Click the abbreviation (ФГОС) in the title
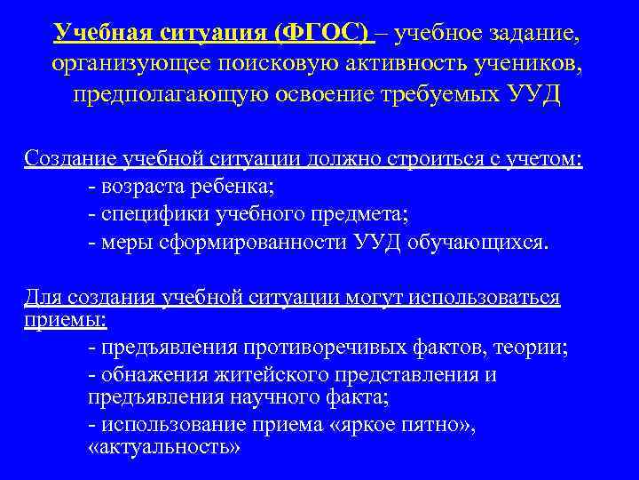(322, 34)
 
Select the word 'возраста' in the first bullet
(141, 187)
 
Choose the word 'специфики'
(148, 214)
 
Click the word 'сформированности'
(245, 243)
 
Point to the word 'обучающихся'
(477, 243)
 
